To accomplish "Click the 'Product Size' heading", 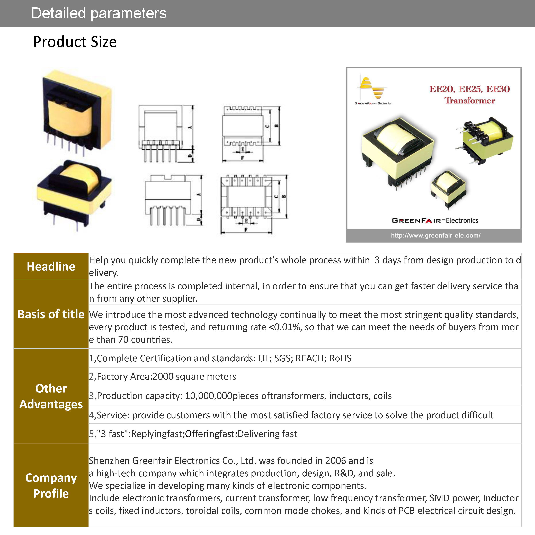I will click(75, 42).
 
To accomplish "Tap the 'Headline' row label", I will click(51, 266).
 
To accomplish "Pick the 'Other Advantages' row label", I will click(51, 396).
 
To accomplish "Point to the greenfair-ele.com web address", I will click(436, 236).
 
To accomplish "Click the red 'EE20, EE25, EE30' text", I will click(469, 89).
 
